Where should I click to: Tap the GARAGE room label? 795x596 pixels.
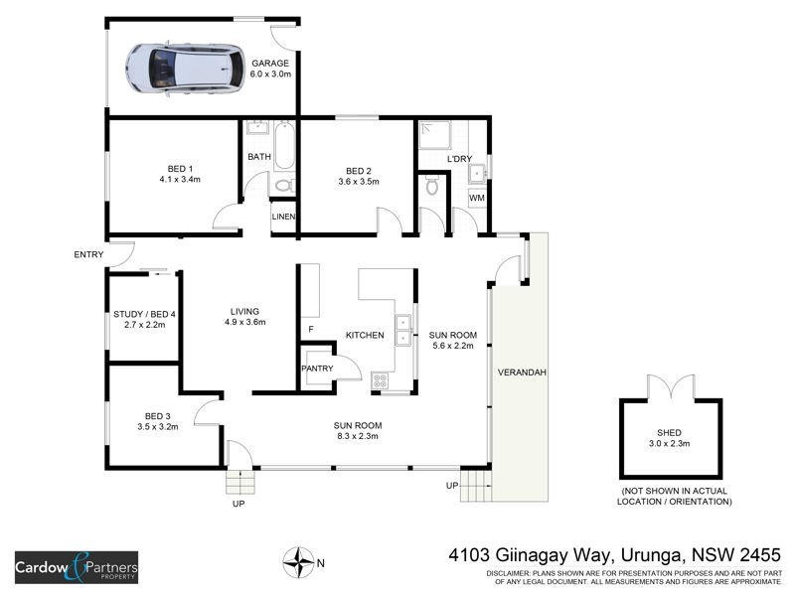(269, 63)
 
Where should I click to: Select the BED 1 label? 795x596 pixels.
(179, 168)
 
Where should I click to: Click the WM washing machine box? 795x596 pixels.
(477, 198)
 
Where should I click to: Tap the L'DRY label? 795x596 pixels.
(460, 159)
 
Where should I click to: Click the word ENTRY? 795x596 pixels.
(88, 255)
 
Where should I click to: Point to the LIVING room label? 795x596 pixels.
(243, 310)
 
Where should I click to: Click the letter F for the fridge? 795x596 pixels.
(311, 329)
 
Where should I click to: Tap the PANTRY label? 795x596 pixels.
(317, 369)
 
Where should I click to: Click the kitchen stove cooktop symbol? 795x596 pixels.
(381, 379)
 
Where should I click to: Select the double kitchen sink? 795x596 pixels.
(403, 329)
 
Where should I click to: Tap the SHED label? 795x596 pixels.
(670, 433)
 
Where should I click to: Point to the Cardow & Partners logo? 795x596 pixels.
(77, 568)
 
